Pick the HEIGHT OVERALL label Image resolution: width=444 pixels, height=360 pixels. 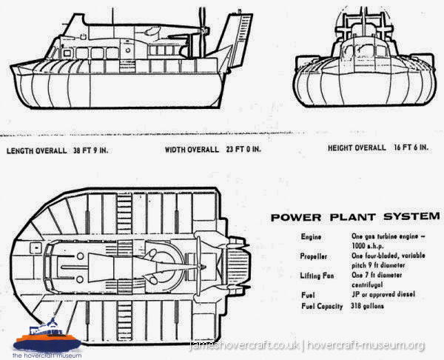[x=357, y=148]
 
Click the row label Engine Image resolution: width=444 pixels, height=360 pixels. [x=312, y=236]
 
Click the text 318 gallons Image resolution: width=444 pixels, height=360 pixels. [x=366, y=306]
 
